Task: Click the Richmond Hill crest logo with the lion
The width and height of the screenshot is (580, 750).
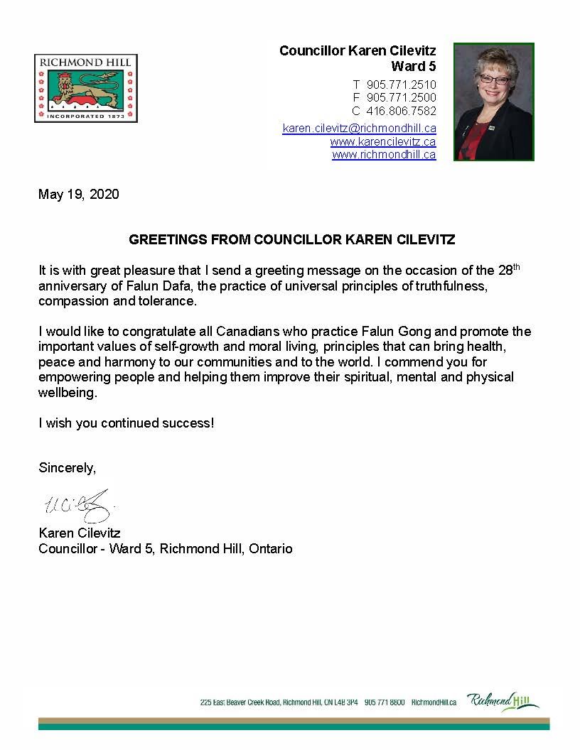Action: (85, 89)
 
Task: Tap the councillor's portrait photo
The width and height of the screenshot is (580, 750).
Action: (493, 102)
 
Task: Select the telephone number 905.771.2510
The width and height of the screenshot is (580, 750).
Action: (401, 85)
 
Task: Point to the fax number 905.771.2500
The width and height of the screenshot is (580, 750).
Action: (401, 97)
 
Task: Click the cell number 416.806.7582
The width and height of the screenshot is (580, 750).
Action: (401, 111)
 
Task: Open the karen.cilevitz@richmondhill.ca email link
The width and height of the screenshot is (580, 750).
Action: (359, 128)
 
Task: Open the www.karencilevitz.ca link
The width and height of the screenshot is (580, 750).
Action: (382, 141)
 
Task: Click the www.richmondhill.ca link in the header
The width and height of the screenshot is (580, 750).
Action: (384, 154)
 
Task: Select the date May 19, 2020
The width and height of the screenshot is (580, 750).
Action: (79, 194)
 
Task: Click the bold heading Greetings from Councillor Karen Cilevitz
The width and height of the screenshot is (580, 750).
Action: (291, 240)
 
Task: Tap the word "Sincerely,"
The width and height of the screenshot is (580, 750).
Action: (67, 468)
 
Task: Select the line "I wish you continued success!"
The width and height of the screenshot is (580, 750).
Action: (126, 423)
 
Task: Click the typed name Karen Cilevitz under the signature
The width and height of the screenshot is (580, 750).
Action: (80, 533)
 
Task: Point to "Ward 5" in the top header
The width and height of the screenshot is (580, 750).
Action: (414, 66)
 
